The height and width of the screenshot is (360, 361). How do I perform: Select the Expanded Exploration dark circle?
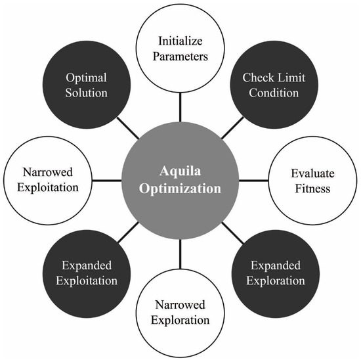[x=278, y=273]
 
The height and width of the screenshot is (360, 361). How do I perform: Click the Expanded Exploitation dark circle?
[x=87, y=273]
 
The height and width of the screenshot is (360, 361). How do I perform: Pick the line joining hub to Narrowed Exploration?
[x=180, y=255]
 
